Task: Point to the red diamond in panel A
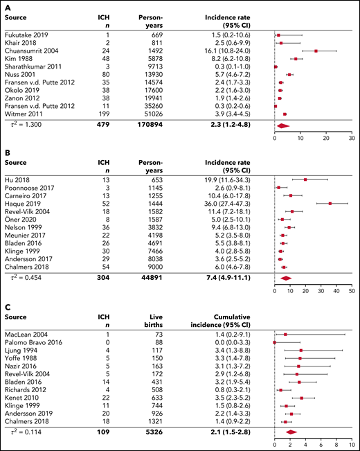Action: (283, 126)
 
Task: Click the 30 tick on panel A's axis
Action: (351, 138)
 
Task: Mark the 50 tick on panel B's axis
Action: (351, 291)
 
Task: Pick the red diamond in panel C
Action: (291, 432)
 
